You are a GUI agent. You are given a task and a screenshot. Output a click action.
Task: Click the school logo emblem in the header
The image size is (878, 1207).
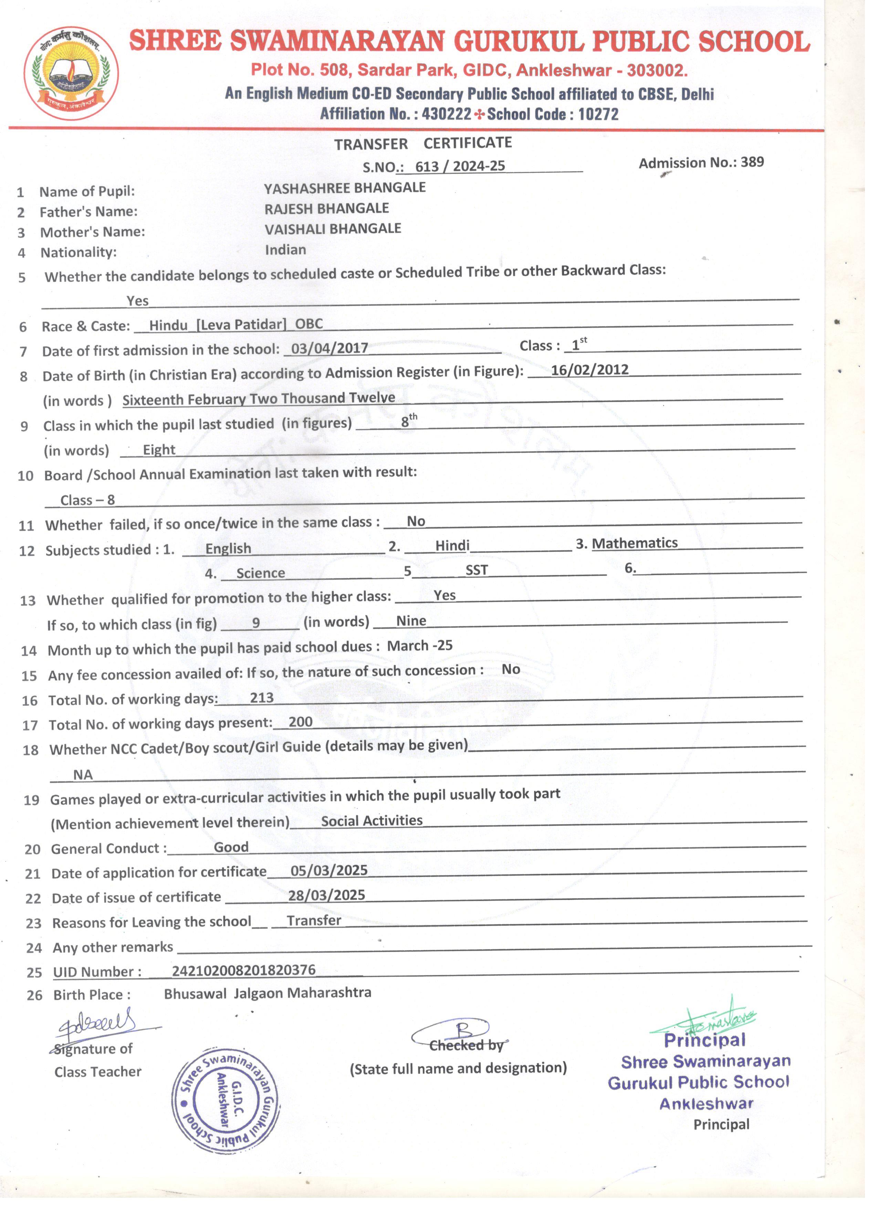pyautogui.click(x=71, y=73)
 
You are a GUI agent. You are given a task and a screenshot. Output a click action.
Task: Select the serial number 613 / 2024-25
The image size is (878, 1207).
pyautogui.click(x=460, y=166)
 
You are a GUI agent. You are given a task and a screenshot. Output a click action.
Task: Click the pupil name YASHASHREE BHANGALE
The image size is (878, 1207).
pyautogui.click(x=345, y=188)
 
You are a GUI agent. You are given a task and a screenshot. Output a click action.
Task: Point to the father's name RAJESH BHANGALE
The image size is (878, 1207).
pyautogui.click(x=326, y=208)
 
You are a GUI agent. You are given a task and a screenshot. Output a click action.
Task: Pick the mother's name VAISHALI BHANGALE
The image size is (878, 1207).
pyautogui.click(x=333, y=229)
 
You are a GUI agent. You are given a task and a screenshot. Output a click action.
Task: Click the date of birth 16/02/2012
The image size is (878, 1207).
pyautogui.click(x=589, y=370)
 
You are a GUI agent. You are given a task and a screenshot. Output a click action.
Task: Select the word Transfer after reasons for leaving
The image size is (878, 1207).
pyautogui.click(x=314, y=920)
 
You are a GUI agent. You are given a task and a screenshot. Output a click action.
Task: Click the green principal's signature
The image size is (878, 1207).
pyautogui.click(x=708, y=1019)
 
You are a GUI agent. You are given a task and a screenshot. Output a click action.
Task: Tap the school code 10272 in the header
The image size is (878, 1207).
pyautogui.click(x=598, y=114)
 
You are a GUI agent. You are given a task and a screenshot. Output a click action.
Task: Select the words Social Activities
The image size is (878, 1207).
pyautogui.click(x=372, y=820)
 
